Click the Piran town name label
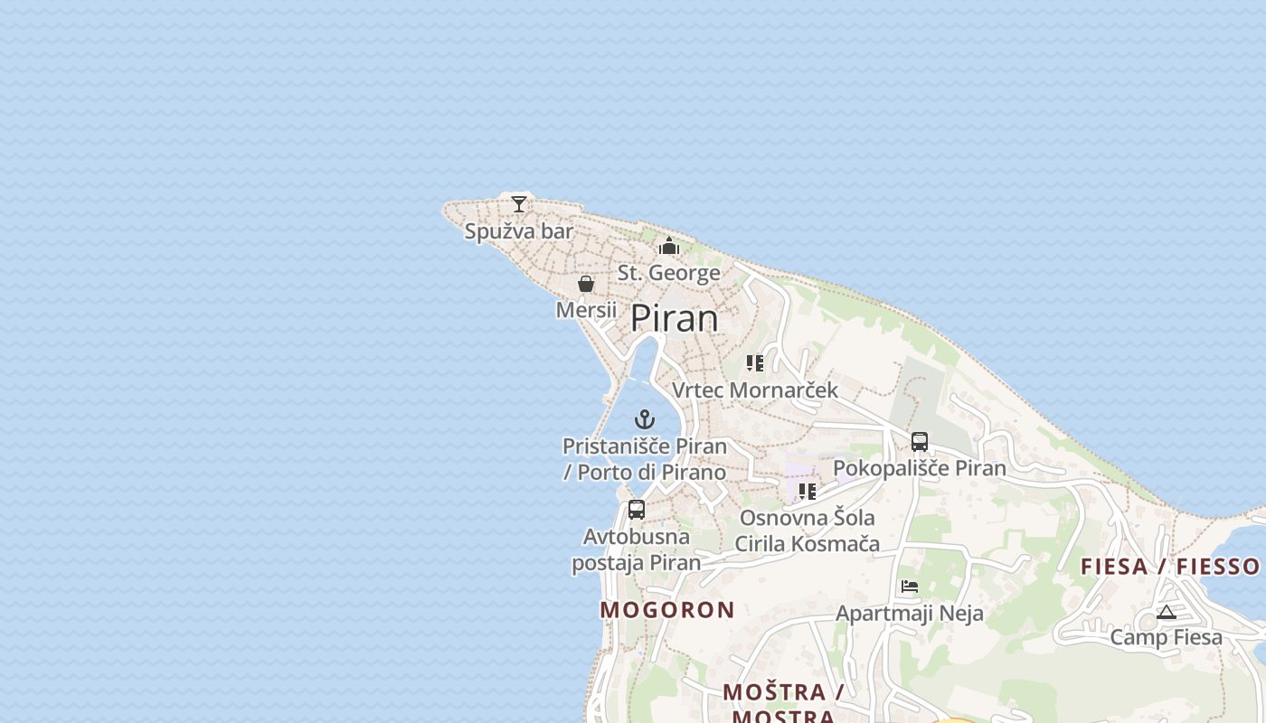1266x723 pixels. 674,318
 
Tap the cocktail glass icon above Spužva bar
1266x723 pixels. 519,204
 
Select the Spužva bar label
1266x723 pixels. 519,231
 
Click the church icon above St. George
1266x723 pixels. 669,246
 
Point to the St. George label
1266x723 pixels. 669,273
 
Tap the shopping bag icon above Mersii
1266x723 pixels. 586,284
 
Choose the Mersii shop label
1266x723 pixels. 586,310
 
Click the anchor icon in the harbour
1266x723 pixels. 645,419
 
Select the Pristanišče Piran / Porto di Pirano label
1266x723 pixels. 645,459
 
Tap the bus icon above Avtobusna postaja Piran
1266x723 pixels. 637,510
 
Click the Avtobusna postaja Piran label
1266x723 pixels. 637,549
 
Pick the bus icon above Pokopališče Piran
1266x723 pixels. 920,442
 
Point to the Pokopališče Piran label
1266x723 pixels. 920,468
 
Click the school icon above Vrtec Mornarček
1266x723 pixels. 755,363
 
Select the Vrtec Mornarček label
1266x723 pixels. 755,390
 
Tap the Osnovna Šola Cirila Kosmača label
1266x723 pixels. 807,531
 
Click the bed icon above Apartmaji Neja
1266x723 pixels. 910,587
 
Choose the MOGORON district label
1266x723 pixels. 667,610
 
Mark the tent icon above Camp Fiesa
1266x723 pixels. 1167,612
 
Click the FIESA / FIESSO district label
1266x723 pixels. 1170,567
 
